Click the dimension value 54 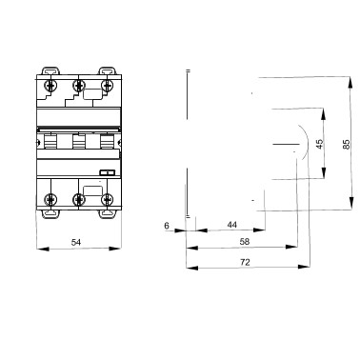coord(76,243)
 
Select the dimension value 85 coord(347,144)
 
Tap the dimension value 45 coord(320,144)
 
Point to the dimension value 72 coord(245,262)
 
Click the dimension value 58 coord(245,242)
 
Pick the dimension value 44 coord(232,225)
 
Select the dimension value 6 coord(167,226)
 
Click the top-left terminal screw coord(50,85)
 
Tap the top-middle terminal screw coord(79,85)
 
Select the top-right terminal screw coord(108,85)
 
